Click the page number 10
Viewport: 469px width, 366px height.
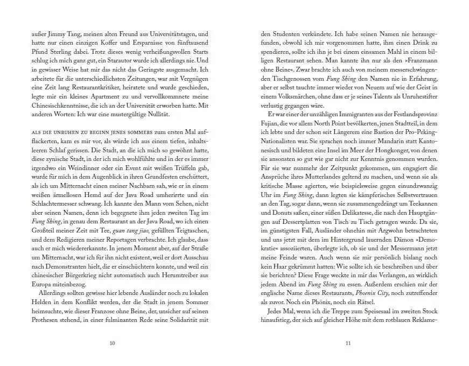point(112,343)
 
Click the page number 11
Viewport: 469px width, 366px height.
point(348,343)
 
